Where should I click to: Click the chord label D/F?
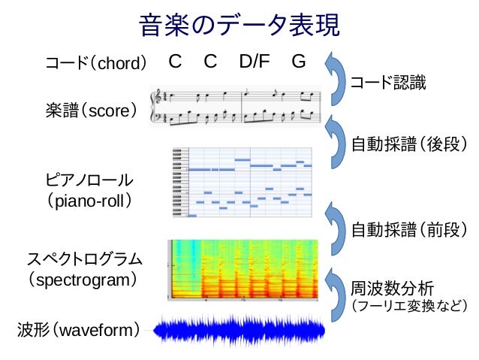pyautogui.click(x=255, y=62)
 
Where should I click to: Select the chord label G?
pyautogui.click(x=298, y=62)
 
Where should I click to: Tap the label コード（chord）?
pyautogui.click(x=95, y=63)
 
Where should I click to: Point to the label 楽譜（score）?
pyautogui.click(x=91, y=111)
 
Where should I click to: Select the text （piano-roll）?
pyautogui.click(x=89, y=201)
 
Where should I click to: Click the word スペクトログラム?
pyautogui.click(x=84, y=259)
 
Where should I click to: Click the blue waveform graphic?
pyautogui.click(x=239, y=331)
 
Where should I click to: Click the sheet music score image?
pyautogui.click(x=236, y=107)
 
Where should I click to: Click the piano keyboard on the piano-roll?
pyautogui.click(x=179, y=182)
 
